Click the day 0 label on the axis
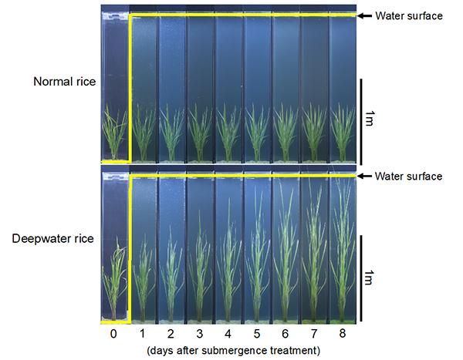coord(115,333)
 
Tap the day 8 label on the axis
coord(342,333)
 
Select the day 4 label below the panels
coord(228,333)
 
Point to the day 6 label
coord(286,333)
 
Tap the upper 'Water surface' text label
coord(408,15)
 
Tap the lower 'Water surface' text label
coord(408,177)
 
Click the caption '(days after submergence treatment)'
coord(228,349)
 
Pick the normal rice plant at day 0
coord(115,135)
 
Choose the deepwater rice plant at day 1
coord(144,285)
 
